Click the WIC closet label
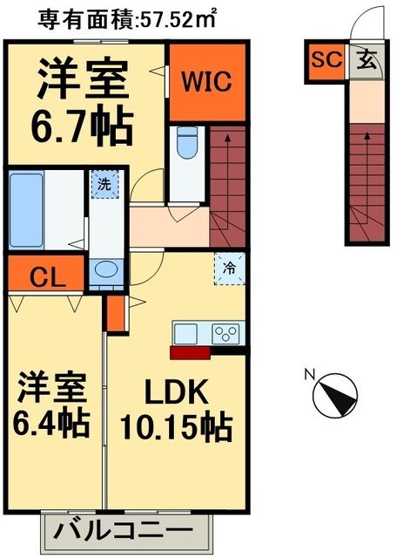click(x=205, y=83)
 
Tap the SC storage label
click(x=324, y=60)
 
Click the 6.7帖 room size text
click(x=84, y=126)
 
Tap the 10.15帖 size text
click(x=176, y=427)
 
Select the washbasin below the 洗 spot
click(x=106, y=269)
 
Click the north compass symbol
click(x=334, y=393)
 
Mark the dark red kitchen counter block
click(x=190, y=352)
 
